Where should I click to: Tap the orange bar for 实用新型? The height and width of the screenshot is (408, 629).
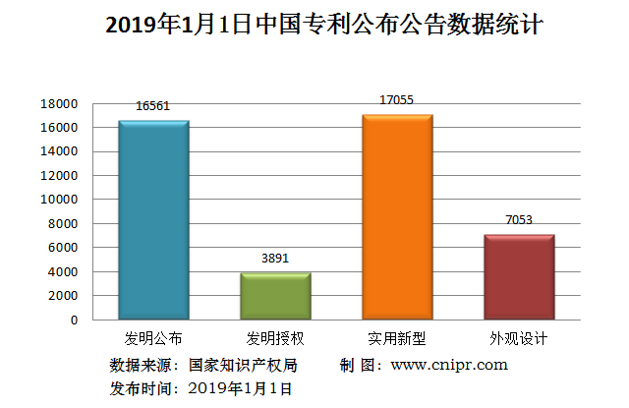click(397, 216)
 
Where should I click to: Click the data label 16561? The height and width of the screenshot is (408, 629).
click(153, 106)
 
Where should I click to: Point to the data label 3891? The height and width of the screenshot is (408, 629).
click(275, 259)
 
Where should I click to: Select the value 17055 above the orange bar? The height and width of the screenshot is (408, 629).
click(397, 99)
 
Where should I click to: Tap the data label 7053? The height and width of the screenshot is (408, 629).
click(519, 220)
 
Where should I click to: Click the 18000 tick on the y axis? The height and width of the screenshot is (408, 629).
click(59, 104)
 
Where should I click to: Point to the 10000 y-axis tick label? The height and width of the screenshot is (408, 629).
click(59, 200)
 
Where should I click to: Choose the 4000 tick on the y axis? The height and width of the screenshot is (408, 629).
click(62, 272)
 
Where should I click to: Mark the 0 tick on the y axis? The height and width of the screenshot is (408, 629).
click(73, 321)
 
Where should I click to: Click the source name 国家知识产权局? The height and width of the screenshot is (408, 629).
click(242, 365)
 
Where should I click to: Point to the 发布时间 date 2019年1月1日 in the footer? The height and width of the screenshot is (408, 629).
click(240, 388)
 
